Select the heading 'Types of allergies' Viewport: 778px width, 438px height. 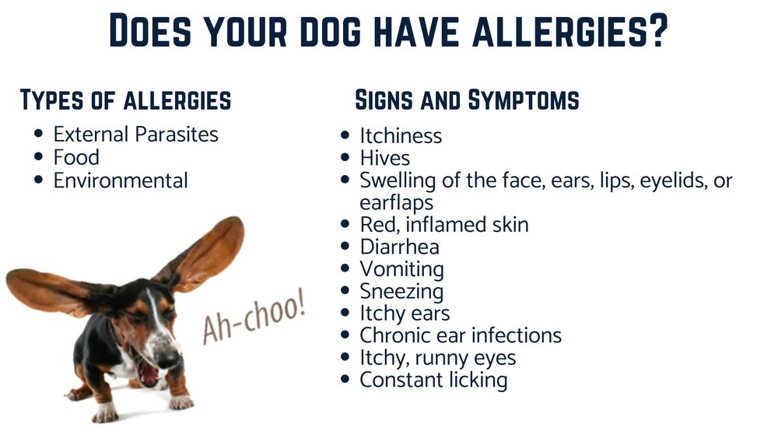click(125, 100)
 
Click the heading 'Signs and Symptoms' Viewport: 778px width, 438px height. click(467, 100)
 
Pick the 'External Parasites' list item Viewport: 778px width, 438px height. click(135, 134)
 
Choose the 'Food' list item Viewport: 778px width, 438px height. click(76, 157)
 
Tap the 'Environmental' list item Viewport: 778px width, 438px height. click(121, 180)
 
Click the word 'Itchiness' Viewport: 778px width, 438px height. click(401, 135)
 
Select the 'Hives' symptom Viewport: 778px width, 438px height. click(384, 158)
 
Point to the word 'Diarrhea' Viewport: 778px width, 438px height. click(399, 247)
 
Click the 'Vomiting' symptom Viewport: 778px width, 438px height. click(401, 269)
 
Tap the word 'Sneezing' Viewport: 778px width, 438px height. click(401, 292)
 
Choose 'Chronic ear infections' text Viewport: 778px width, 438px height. click(460, 336)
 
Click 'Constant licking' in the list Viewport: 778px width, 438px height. click(433, 380)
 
